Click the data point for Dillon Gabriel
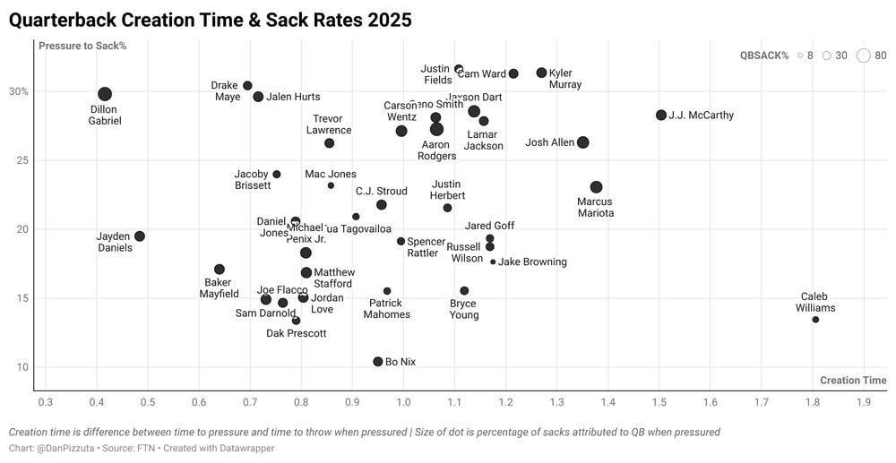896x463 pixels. click(x=105, y=94)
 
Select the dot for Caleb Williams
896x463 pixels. click(x=815, y=320)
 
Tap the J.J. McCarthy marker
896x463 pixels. click(x=661, y=115)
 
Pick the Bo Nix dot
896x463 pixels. click(x=378, y=362)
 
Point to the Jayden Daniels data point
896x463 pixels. click(x=140, y=236)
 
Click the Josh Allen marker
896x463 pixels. click(x=583, y=142)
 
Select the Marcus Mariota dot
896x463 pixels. click(x=596, y=187)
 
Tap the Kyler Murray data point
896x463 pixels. click(x=541, y=73)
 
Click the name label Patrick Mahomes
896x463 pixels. click(x=387, y=309)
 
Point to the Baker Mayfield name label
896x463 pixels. click(x=218, y=288)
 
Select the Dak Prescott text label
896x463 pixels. click(x=297, y=334)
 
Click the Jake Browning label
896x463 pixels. click(x=532, y=262)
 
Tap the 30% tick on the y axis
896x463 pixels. click(x=19, y=91)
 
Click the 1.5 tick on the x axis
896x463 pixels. click(x=659, y=403)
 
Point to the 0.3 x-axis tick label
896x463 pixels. click(x=46, y=403)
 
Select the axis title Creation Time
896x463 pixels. click(x=853, y=381)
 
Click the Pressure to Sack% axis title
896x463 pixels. click(x=82, y=46)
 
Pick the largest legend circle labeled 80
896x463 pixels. click(x=863, y=56)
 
